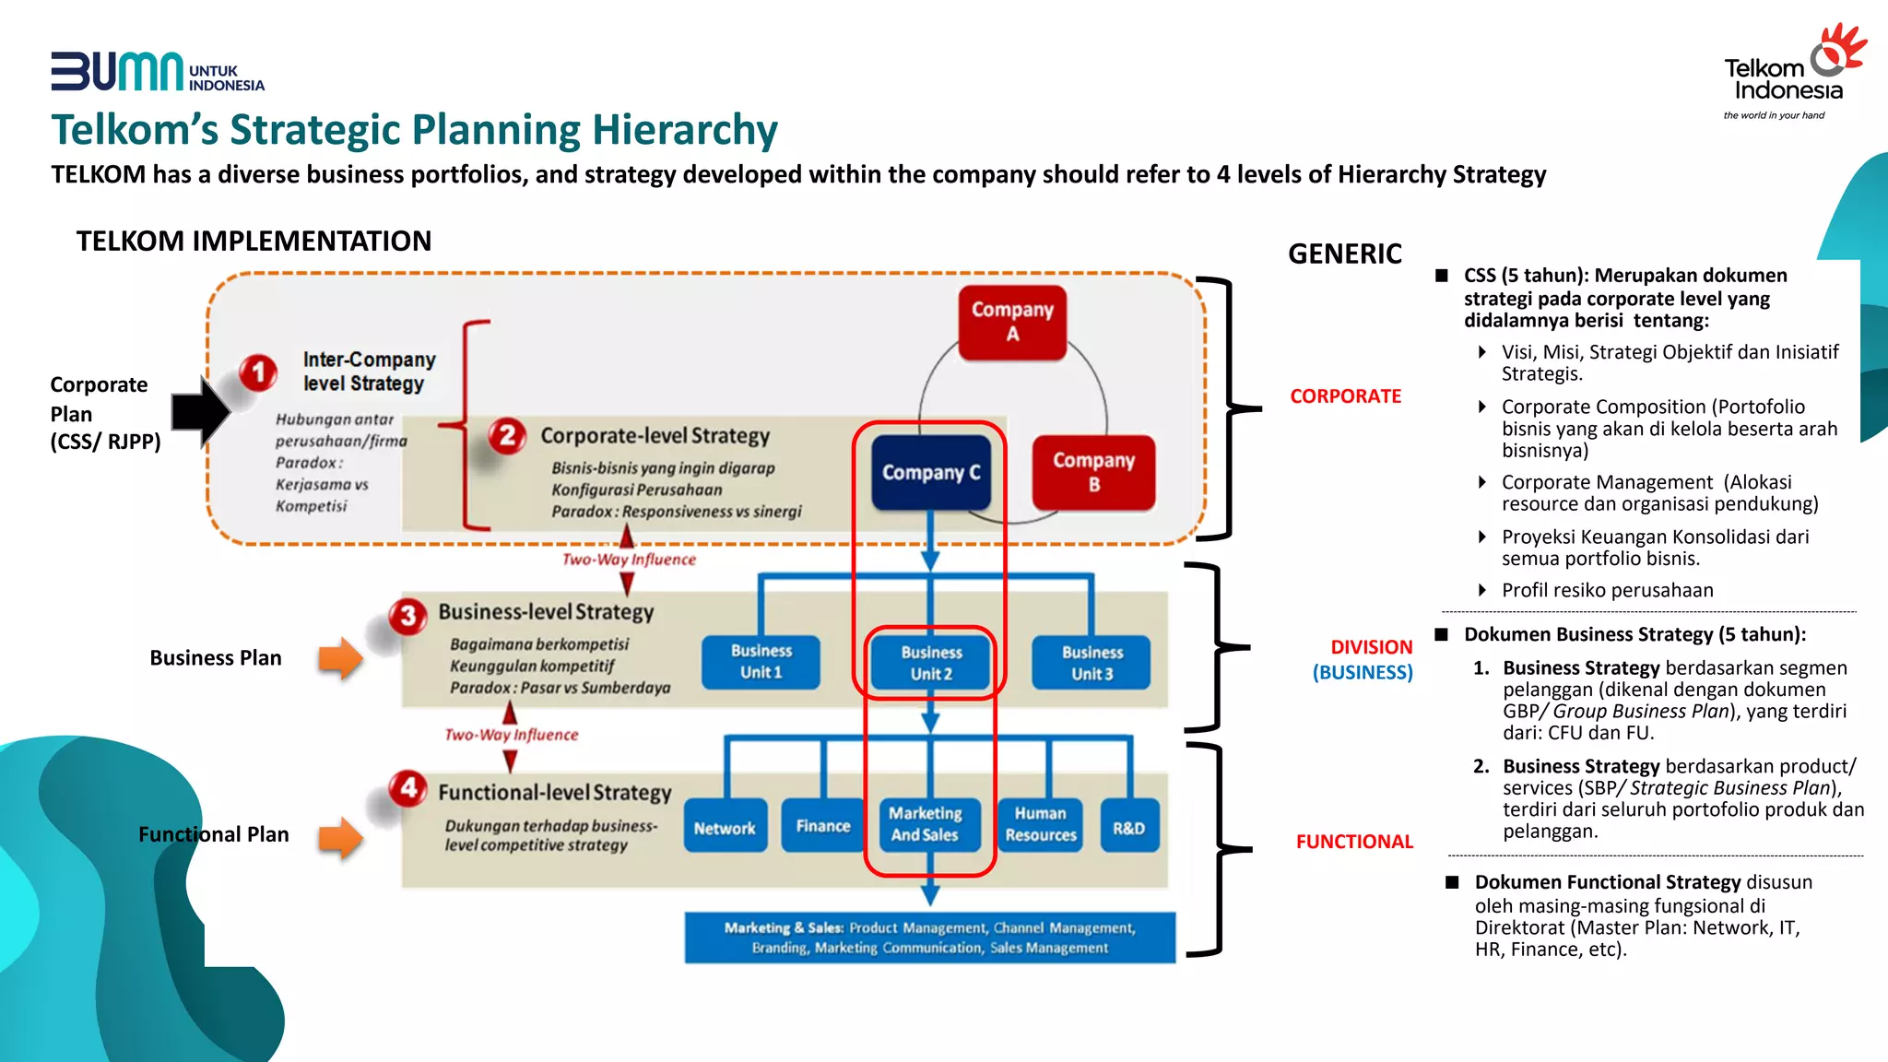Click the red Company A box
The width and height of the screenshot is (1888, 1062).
[x=1012, y=322]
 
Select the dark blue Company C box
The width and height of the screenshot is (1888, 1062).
[x=931, y=472]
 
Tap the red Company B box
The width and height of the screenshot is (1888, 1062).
[x=1093, y=472]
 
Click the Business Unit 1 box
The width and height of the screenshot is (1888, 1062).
[x=761, y=662]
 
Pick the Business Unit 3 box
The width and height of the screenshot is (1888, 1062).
[x=1091, y=662]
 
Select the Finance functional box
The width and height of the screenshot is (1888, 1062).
[x=822, y=826]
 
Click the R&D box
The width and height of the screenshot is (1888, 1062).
[x=1128, y=827]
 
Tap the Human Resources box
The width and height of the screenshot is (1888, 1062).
[x=1041, y=825]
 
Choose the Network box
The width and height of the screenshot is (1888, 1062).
[x=725, y=827]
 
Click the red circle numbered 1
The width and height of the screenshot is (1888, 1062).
[x=258, y=372]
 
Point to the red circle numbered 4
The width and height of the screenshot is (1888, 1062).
[x=408, y=788]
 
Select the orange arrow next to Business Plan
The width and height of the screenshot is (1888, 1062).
[x=340, y=658]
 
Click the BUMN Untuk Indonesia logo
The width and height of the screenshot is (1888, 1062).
[x=157, y=72]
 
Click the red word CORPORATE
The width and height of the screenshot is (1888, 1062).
[x=1345, y=396]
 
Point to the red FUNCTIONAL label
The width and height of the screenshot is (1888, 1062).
[x=1353, y=842]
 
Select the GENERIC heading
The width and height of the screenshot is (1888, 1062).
[x=1344, y=254]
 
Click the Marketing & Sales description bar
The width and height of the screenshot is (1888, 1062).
[x=929, y=938]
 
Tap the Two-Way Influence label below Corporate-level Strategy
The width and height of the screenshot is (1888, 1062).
[x=629, y=560]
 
